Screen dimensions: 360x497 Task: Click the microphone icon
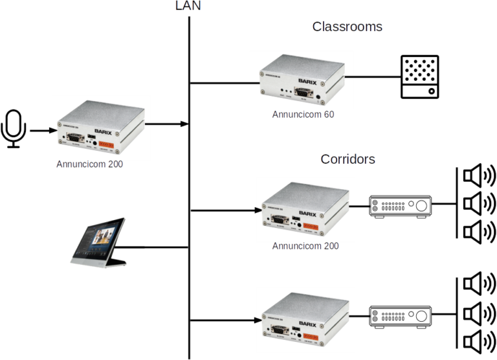(x=13, y=128)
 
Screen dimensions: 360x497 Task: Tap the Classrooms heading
(x=347, y=27)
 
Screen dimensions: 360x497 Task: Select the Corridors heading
(x=348, y=159)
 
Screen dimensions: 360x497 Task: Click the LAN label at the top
(x=189, y=6)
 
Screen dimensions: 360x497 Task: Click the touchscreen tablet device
(x=98, y=242)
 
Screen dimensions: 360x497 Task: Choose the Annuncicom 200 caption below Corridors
(x=305, y=246)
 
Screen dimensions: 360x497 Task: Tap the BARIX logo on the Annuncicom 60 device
(x=310, y=81)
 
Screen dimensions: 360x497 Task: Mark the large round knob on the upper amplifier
(x=422, y=206)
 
